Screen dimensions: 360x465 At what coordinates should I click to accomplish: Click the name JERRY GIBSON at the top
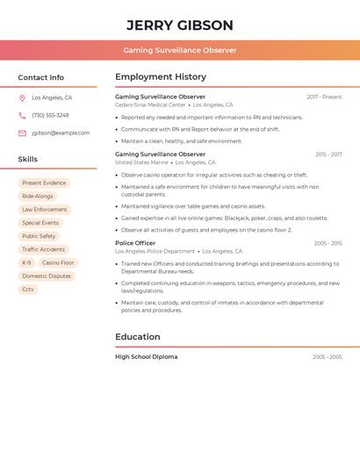(179, 25)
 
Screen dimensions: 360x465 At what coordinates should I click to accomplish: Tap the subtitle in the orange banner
(179, 50)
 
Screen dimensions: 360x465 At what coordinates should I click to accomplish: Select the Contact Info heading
(40, 77)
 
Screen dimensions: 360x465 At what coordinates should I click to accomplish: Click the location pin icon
(22, 98)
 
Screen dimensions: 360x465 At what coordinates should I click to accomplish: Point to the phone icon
(22, 116)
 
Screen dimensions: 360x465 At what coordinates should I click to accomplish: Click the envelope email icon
(22, 133)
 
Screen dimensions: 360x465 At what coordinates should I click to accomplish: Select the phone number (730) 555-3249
(50, 116)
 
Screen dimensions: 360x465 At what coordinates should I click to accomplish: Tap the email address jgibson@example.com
(60, 133)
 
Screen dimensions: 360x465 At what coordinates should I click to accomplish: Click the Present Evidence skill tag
(44, 183)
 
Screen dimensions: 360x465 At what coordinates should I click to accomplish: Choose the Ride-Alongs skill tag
(38, 197)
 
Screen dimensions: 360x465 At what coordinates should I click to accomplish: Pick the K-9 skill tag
(26, 263)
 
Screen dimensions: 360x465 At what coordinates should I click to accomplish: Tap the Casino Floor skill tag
(58, 263)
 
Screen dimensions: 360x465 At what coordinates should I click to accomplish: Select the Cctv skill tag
(28, 290)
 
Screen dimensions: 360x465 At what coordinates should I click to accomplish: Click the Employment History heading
(161, 77)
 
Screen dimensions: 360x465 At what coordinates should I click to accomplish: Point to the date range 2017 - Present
(324, 97)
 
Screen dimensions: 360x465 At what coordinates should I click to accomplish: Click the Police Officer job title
(135, 243)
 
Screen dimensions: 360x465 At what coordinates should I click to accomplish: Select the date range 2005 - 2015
(328, 243)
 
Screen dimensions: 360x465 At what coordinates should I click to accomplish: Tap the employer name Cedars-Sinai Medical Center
(150, 104)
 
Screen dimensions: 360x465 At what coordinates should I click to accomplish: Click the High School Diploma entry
(146, 357)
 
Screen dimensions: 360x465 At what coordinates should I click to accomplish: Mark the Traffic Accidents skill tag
(43, 250)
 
